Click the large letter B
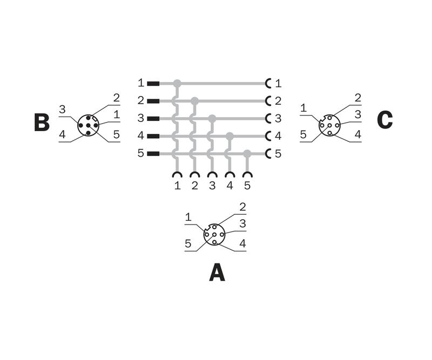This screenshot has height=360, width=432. [x=42, y=122]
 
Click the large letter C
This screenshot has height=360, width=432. [x=384, y=120]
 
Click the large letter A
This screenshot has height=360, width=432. [x=217, y=273]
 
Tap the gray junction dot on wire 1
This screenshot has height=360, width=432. [x=177, y=84]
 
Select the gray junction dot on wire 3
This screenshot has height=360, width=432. [x=212, y=119]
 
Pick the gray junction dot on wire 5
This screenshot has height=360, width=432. [x=247, y=154]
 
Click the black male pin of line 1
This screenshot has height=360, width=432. [x=153, y=84]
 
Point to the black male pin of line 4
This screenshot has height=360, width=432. [x=153, y=136]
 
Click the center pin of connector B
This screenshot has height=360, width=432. [x=88, y=125]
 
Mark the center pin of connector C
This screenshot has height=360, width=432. [x=329, y=125]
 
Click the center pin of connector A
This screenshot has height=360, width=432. [x=214, y=235]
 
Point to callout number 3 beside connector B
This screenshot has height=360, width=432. [x=63, y=110]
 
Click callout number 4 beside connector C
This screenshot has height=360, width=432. [x=357, y=134]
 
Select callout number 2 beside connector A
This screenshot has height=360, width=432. [x=242, y=207]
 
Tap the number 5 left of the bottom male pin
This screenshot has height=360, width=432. [x=141, y=153]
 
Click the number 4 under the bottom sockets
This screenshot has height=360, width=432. [x=230, y=186]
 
